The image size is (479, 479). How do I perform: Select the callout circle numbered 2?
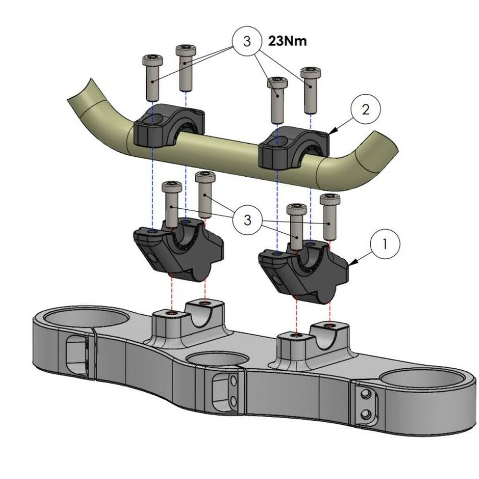tap(365, 110)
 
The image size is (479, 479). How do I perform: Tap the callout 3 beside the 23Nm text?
tap(247, 41)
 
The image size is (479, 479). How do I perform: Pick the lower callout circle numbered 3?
tap(247, 220)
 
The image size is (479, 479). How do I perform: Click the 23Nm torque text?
tap(288, 41)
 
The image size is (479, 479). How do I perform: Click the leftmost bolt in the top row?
tap(153, 77)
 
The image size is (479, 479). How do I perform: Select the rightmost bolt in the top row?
tap(310, 89)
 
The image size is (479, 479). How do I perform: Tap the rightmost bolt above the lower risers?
tap(330, 216)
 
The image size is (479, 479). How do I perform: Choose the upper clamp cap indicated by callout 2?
tap(294, 147)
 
